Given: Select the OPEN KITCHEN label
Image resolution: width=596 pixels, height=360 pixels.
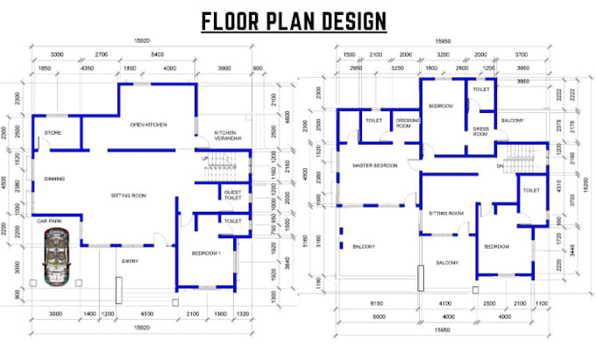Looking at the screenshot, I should [148, 124].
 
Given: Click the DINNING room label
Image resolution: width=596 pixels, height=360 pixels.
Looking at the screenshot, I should [54, 179].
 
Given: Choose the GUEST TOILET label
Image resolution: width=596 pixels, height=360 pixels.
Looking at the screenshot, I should [233, 194].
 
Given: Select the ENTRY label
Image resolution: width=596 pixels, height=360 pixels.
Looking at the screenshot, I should [130, 260].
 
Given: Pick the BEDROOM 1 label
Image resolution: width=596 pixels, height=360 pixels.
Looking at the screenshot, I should [207, 253].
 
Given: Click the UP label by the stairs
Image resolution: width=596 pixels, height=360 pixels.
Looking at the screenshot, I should [206, 159].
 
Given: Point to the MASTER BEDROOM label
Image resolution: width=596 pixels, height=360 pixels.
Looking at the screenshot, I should [375, 166].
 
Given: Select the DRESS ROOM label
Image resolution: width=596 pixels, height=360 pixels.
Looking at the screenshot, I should [480, 131].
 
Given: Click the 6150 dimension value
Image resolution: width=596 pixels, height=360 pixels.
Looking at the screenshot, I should [379, 303].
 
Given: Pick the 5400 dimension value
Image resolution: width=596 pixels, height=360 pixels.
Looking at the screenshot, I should [158, 53].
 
